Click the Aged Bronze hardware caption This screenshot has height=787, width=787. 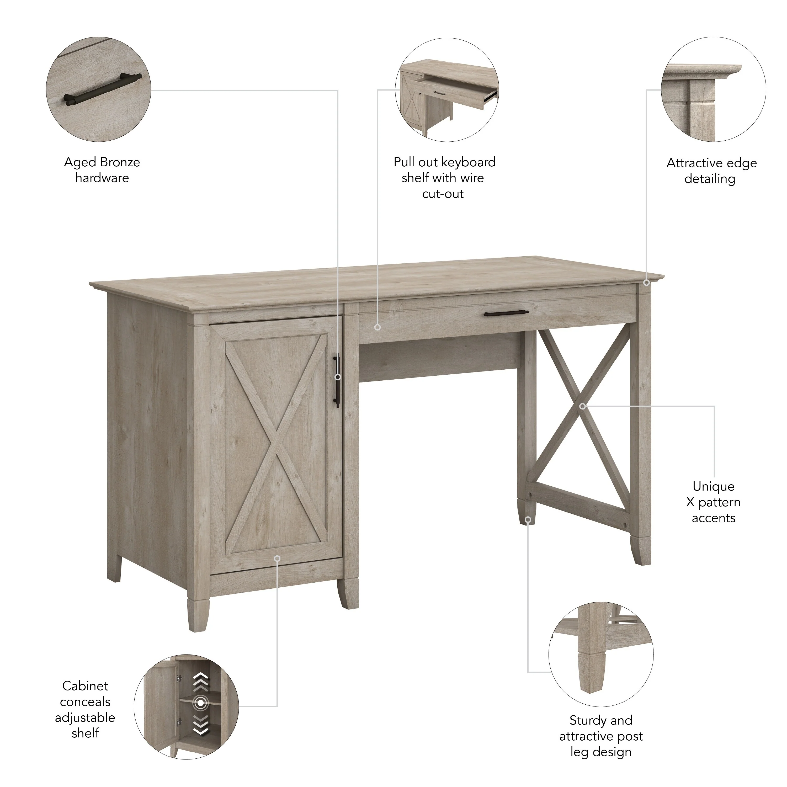tap(102, 170)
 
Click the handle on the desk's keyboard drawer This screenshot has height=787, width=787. tap(506, 313)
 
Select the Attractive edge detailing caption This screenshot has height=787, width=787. tap(711, 171)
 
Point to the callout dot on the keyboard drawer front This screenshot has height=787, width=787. tap(377, 327)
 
